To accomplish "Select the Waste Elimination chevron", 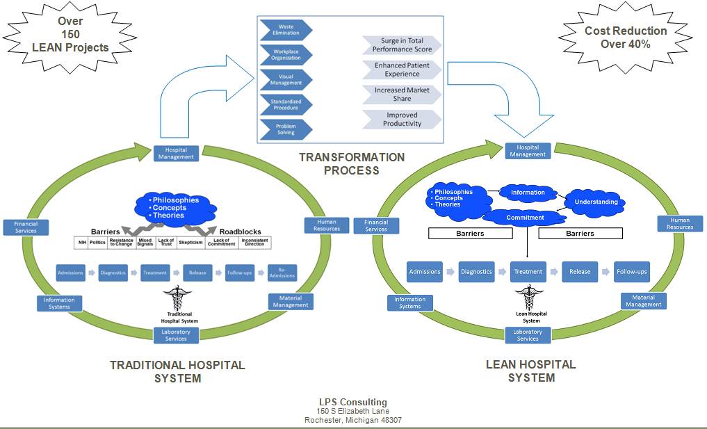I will [285, 30].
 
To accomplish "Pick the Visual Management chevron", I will [285, 79].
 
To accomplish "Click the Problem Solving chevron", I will [285, 129].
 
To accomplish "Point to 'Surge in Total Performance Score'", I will [402, 45].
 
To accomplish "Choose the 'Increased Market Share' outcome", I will [402, 95].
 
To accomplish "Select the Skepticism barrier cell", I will [190, 243].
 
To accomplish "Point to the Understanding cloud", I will [596, 202].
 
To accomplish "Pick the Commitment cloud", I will [526, 218].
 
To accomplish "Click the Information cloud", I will [528, 192].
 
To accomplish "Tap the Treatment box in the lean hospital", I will [528, 272].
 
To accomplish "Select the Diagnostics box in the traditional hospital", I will [112, 273].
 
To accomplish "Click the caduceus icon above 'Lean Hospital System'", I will [527, 297].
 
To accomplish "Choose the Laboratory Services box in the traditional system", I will [176, 335].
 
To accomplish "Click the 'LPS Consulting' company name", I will [352, 402].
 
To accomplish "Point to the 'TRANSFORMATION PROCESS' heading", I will [352, 163].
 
